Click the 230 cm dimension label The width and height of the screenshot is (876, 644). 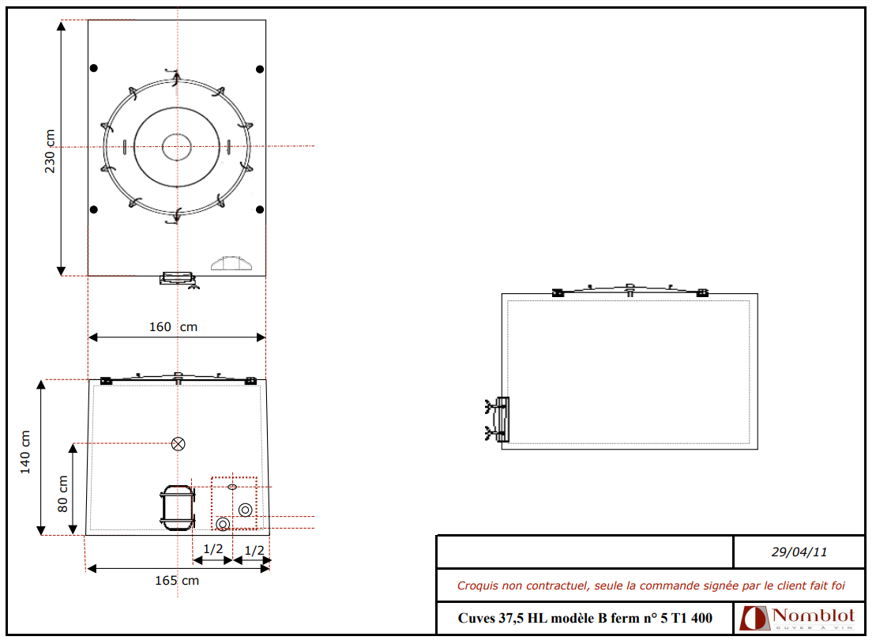pos(51,151)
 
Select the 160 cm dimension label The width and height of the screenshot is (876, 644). pos(173,326)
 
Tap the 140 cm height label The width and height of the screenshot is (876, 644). pos(25,452)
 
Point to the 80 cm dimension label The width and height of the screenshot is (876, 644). pos(62,494)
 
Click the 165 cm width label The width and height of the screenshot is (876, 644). pos(176,580)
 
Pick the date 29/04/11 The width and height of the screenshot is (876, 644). pos(799,552)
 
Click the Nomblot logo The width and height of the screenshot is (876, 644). pos(797,618)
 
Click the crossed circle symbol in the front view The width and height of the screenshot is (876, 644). pos(179,444)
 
